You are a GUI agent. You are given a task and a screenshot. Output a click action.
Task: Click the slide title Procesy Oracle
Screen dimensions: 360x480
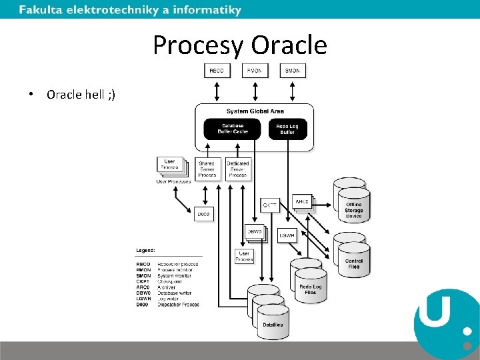[x=240, y=45]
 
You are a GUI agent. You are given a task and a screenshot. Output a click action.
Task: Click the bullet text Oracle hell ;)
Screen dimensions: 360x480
[x=81, y=94]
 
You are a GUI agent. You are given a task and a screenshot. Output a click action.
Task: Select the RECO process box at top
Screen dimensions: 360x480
[x=217, y=70]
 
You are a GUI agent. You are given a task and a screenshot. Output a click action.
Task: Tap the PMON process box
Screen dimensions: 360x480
[x=255, y=70]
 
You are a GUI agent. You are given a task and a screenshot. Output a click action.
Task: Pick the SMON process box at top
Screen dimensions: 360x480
[x=293, y=70]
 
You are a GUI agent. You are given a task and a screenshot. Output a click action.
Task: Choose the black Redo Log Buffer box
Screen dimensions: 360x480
[x=287, y=129]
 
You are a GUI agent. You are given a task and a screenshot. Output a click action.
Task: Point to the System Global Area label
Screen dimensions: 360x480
[x=255, y=111]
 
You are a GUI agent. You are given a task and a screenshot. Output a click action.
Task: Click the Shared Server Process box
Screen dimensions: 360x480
[x=207, y=169]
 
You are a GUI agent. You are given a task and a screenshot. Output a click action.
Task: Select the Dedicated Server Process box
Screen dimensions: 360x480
[x=238, y=169]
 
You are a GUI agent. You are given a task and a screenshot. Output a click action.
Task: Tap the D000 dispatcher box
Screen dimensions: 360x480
[x=203, y=214]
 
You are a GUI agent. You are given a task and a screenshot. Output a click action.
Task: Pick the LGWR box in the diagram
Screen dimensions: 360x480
[x=287, y=235]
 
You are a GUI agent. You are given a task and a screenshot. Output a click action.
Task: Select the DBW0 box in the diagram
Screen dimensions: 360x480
[x=254, y=232]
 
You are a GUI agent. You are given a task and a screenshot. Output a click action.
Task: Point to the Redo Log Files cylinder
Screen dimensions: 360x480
[x=311, y=288]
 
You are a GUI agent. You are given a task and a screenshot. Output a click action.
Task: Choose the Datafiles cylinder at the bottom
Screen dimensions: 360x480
[x=273, y=323]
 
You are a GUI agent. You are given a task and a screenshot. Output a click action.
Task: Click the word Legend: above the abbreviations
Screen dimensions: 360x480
[x=146, y=250]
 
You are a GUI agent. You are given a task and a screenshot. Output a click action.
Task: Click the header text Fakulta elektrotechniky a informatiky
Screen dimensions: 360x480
[x=130, y=10]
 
